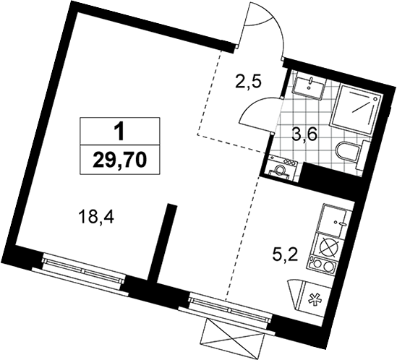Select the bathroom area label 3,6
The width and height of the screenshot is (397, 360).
tap(304, 135)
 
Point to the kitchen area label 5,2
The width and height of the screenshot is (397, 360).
tap(286, 257)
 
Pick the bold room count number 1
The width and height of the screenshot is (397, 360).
tap(119, 132)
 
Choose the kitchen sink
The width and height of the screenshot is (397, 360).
tap(333, 218)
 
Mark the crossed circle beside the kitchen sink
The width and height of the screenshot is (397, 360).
tap(328, 247)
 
